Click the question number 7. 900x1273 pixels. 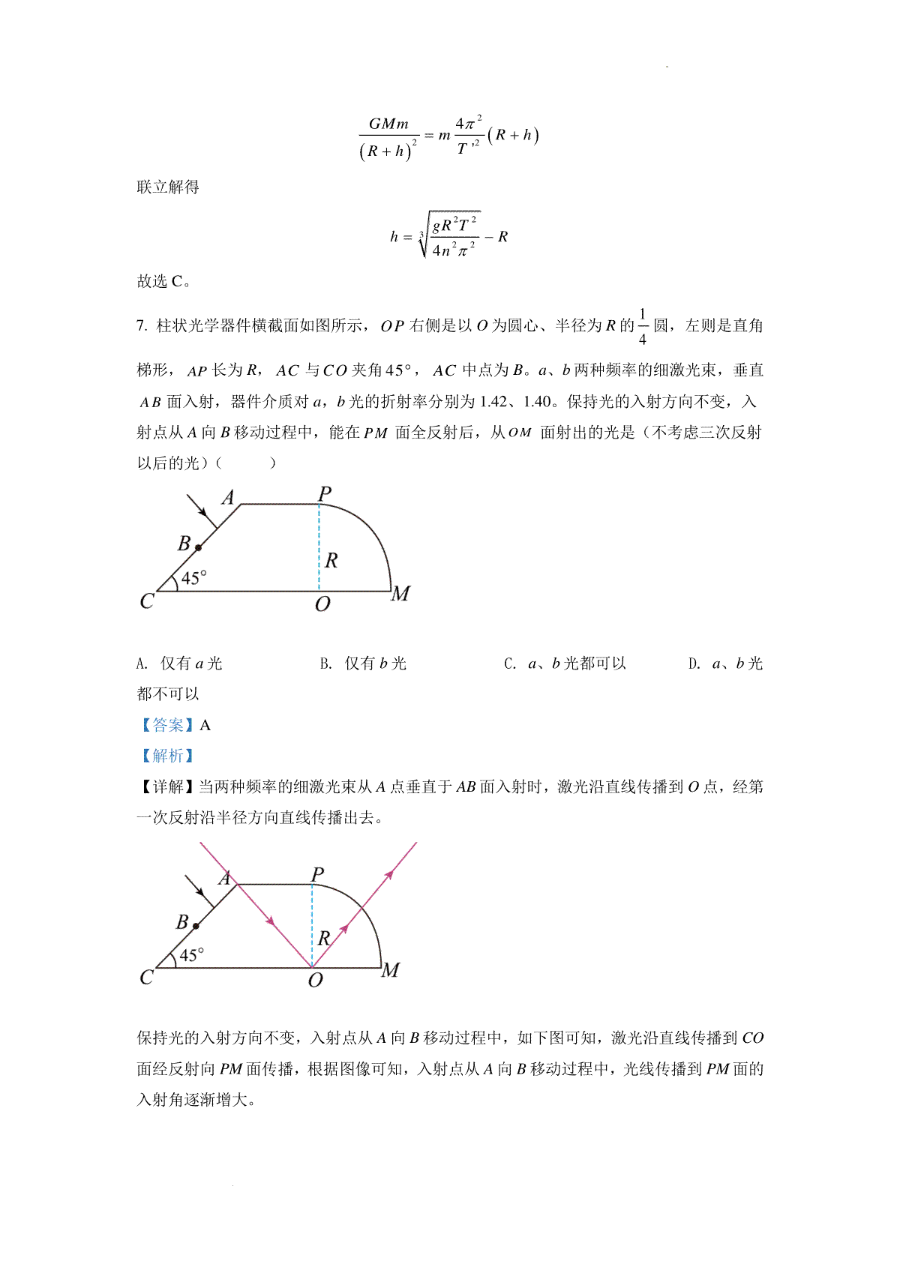click(x=141, y=325)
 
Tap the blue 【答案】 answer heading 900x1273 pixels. click(x=167, y=725)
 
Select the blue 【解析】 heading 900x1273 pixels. click(x=167, y=756)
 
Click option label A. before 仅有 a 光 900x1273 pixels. click(x=142, y=663)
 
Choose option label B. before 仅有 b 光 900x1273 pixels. click(x=325, y=663)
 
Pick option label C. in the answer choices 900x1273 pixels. click(x=510, y=663)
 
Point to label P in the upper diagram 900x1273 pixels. click(x=324, y=494)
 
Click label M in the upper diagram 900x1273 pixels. click(x=400, y=594)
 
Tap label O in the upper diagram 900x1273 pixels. click(x=322, y=604)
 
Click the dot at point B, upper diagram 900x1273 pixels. click(x=199, y=547)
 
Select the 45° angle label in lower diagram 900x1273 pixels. click(x=191, y=955)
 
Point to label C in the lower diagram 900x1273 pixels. click(x=147, y=978)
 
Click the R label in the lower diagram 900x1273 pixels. click(x=324, y=938)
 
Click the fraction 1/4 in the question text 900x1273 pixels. click(x=642, y=326)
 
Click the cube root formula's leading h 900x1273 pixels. click(x=394, y=237)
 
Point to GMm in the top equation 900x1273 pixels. click(x=388, y=124)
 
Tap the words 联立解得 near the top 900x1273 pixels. click(x=168, y=187)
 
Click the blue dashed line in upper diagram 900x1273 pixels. click(x=319, y=547)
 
